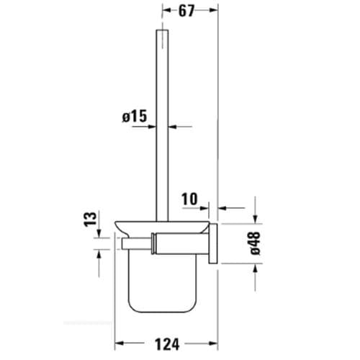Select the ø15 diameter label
(134, 114)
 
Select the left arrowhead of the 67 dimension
(166, 11)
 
